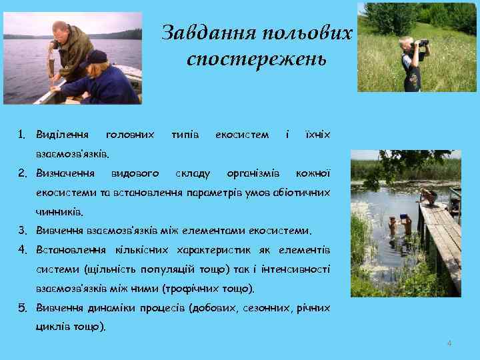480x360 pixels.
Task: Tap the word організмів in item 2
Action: tap(253, 173)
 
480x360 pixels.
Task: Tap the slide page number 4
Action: tap(449, 343)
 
